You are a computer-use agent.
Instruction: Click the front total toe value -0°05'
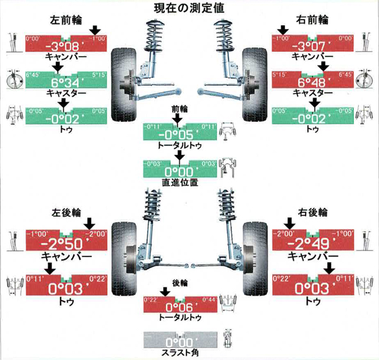[180, 135]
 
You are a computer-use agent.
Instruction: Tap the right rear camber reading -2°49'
[309, 244]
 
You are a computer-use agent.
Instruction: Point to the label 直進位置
[180, 182]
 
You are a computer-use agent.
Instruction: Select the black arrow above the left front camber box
[95, 30]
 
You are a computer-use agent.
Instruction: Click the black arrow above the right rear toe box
[328, 268]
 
